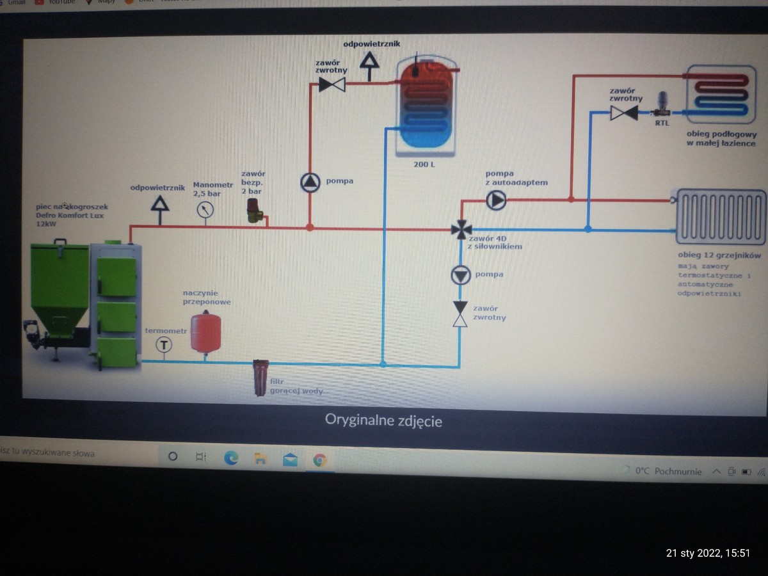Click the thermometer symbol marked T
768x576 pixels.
coord(164,345)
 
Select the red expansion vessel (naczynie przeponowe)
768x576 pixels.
coord(205,331)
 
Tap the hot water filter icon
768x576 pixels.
coord(260,378)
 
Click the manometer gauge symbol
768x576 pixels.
coord(205,209)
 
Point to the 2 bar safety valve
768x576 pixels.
coord(255,210)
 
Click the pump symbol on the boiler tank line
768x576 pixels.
coord(310,183)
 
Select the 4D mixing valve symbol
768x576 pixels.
coord(461,229)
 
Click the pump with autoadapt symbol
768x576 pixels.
coord(496,200)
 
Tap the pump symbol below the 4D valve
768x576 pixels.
coord(460,276)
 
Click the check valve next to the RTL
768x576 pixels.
coord(623,113)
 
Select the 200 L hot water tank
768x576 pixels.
coord(426,106)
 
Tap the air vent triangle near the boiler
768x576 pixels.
coord(159,204)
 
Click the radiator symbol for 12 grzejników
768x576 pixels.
coord(721,217)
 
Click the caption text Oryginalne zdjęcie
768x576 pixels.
coord(383,420)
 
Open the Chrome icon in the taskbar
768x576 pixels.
coord(319,459)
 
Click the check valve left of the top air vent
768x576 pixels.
coord(332,84)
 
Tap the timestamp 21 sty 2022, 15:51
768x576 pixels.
coord(708,553)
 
